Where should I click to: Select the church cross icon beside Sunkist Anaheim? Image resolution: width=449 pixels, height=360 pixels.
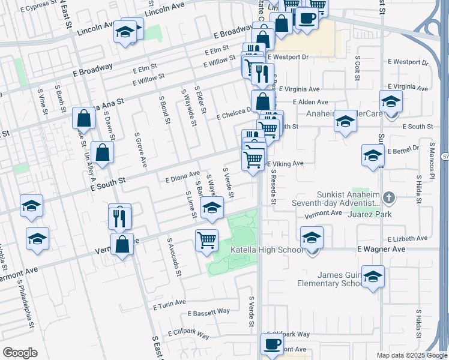click(x=390, y=197)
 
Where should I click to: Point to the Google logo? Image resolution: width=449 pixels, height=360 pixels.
click(x=20, y=352)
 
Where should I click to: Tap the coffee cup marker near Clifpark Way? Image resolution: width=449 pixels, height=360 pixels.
click(x=271, y=344)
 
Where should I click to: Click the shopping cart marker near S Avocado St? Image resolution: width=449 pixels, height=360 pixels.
click(x=206, y=239)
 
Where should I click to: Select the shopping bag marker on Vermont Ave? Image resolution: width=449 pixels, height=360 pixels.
click(x=122, y=245)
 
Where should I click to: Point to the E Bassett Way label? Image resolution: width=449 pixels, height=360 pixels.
click(x=208, y=313)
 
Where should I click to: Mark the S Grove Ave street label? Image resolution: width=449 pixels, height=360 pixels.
click(x=140, y=150)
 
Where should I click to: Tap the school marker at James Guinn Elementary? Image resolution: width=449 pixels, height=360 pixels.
click(x=373, y=277)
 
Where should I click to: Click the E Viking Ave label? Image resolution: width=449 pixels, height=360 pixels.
click(x=286, y=163)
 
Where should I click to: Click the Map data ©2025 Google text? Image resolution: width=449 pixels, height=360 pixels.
click(x=412, y=355)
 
